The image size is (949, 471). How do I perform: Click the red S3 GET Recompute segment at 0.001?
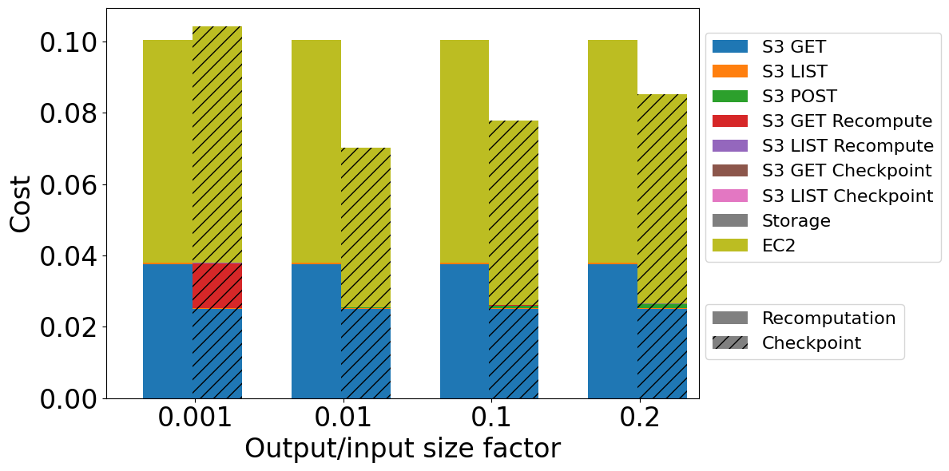(217, 285)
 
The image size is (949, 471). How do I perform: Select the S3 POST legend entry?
(800, 97)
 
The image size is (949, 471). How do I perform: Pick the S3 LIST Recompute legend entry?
(848, 146)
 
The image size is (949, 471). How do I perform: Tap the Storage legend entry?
(796, 221)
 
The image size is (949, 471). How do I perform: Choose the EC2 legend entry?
(784, 246)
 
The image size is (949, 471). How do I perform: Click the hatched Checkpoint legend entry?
(811, 343)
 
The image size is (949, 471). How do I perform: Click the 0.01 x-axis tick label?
(343, 418)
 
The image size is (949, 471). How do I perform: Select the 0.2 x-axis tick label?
(639, 418)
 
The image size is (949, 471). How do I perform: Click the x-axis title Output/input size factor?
(402, 449)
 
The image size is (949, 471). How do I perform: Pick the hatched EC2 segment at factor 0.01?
(366, 228)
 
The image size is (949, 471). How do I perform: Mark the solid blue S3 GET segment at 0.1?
(464, 331)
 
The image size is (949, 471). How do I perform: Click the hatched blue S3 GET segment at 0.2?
(662, 354)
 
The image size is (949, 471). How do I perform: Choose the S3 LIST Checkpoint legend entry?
(847, 196)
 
